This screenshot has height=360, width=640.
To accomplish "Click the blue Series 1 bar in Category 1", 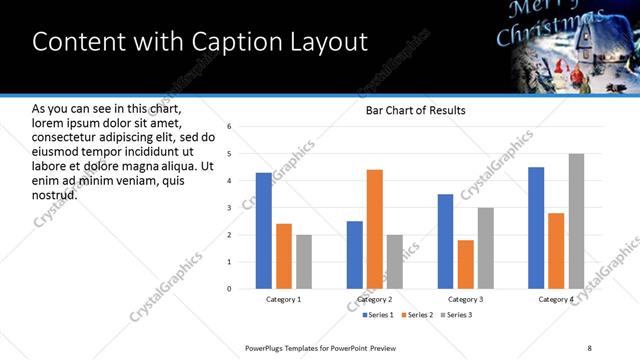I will click(x=264, y=231).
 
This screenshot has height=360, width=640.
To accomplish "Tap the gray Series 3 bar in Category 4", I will click(x=576, y=221).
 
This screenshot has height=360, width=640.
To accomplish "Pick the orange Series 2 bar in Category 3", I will click(x=466, y=264).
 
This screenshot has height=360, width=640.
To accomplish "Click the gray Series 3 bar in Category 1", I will click(x=304, y=262).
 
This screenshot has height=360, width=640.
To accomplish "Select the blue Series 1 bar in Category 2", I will click(x=355, y=255).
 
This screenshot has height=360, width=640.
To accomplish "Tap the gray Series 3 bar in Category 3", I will click(x=486, y=248).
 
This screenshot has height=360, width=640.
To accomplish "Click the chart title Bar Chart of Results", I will click(x=415, y=110).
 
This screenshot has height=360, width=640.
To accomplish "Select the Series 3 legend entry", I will click(x=458, y=316).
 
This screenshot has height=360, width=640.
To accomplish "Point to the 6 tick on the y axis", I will click(x=230, y=127).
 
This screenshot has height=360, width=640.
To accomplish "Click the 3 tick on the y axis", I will click(x=230, y=208).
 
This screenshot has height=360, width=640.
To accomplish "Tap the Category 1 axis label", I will click(x=284, y=299).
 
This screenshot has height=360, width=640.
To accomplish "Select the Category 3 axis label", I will click(x=466, y=299).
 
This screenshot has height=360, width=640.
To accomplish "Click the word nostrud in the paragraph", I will click(x=55, y=194).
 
